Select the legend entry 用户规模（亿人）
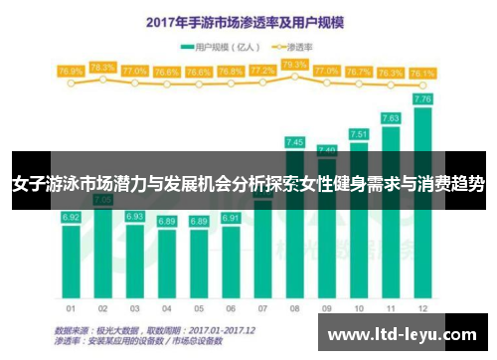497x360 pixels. click(x=221, y=47)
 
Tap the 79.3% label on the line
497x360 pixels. click(x=294, y=65)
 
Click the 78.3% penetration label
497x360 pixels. click(x=102, y=68)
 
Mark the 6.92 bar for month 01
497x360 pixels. click(x=71, y=249)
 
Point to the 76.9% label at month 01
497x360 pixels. click(x=71, y=72)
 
